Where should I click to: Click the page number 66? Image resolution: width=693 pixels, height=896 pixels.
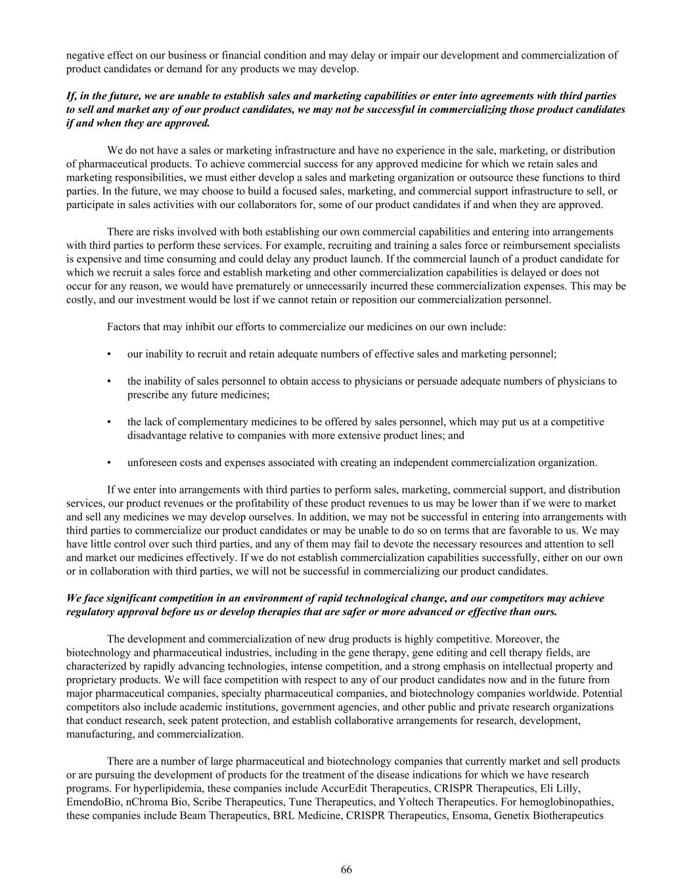346,870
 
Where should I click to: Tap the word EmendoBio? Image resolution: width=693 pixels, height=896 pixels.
90,802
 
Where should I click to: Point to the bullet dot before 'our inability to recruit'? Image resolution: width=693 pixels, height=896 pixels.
108,354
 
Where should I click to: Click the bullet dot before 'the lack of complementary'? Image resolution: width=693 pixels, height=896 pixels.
108,422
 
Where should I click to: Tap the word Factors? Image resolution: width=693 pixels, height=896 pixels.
123,327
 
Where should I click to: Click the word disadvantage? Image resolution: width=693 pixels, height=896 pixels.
156,435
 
